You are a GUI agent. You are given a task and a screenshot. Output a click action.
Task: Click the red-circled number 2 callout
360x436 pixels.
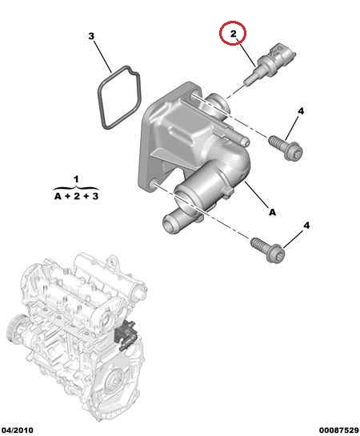point(233,33)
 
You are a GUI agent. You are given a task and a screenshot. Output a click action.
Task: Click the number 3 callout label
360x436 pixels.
point(91,36)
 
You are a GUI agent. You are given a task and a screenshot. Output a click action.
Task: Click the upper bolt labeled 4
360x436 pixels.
point(286,146)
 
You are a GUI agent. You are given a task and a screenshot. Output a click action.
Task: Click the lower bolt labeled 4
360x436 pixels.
point(267,250)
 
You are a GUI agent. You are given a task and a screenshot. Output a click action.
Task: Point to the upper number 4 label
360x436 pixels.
point(301,111)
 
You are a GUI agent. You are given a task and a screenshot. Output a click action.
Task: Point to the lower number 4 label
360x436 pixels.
point(306,225)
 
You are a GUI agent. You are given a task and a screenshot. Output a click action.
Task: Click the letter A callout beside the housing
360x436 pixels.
point(273,212)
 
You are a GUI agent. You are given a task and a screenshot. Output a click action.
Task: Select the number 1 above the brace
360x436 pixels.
point(76,179)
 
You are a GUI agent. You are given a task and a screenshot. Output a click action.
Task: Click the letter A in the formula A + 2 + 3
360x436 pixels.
point(58,196)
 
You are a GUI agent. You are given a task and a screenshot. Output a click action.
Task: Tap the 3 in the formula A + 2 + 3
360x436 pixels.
point(95,196)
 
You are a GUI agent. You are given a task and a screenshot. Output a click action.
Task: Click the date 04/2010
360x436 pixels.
point(17,430)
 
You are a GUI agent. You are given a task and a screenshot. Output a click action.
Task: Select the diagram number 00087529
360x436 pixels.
point(338,430)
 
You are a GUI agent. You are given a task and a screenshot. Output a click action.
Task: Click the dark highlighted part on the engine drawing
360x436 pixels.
point(125,334)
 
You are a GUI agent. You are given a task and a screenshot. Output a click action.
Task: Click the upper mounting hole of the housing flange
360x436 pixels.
point(195,94)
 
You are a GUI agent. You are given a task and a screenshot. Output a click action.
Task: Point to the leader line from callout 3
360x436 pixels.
point(102,57)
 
